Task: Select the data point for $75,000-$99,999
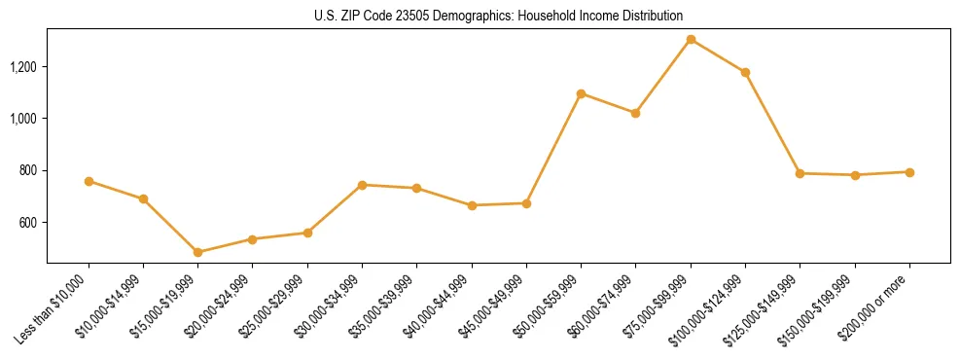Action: point(691,40)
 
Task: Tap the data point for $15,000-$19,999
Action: point(198,252)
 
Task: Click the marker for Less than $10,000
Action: point(89,181)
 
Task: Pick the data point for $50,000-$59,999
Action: point(581,93)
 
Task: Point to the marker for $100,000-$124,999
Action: point(745,72)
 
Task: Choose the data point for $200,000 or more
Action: point(909,172)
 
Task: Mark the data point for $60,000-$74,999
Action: point(635,113)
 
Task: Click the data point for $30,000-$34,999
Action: point(362,185)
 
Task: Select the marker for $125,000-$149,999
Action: point(800,173)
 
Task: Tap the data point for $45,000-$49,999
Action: point(526,203)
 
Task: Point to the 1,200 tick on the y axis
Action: point(24,67)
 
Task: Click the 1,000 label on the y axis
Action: point(24,119)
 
